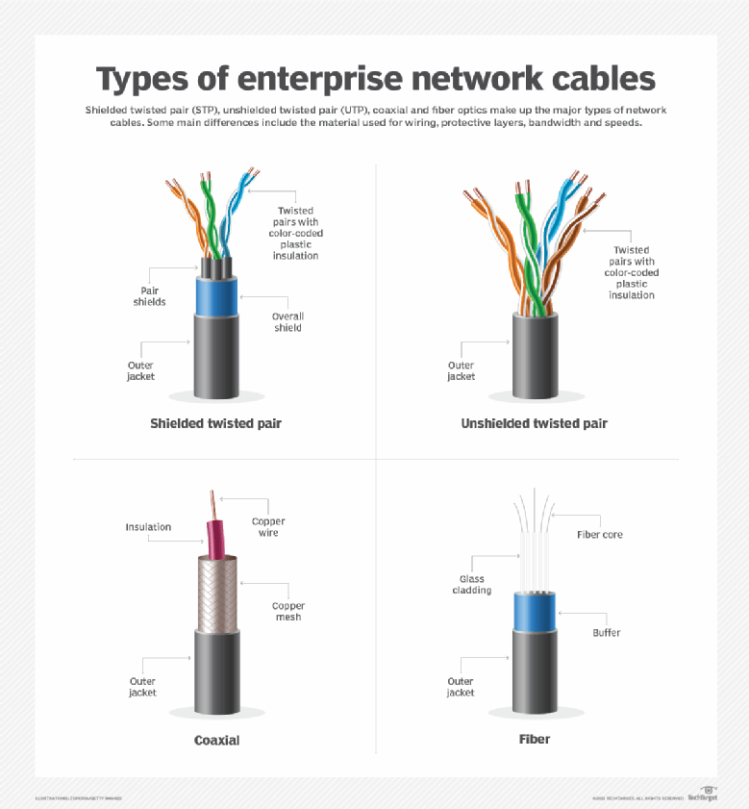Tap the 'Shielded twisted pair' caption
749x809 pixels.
coord(215,423)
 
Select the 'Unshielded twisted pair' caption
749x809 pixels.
coord(534,423)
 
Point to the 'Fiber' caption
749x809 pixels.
coord(534,740)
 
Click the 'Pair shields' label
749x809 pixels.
coord(149,296)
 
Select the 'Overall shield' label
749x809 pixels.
coord(287,322)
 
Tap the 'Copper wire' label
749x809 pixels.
coord(268,527)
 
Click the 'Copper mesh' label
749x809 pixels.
coord(287,612)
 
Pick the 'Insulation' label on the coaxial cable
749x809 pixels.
coord(148,527)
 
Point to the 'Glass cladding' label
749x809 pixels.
coord(472,585)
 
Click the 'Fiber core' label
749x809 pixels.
coord(599,535)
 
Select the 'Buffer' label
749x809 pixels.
coord(606,633)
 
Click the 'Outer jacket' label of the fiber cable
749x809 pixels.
coord(461,687)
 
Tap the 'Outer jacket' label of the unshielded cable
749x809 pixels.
coord(461,371)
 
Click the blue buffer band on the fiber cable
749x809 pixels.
coord(534,611)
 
